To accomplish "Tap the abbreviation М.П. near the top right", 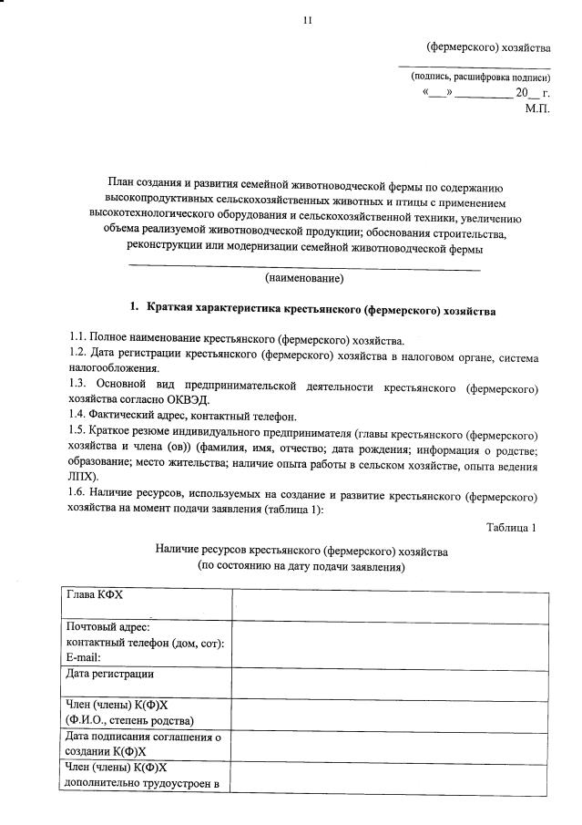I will coord(537,108).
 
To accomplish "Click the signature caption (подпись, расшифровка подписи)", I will coord(480,77).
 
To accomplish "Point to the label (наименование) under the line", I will coord(304,277).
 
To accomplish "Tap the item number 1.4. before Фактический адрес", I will coord(80,416).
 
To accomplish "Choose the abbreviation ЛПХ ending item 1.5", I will coord(85,476).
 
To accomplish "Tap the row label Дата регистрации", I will coord(110,675).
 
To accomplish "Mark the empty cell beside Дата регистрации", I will coord(390,684).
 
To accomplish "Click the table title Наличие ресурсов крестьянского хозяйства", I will coord(301,551).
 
